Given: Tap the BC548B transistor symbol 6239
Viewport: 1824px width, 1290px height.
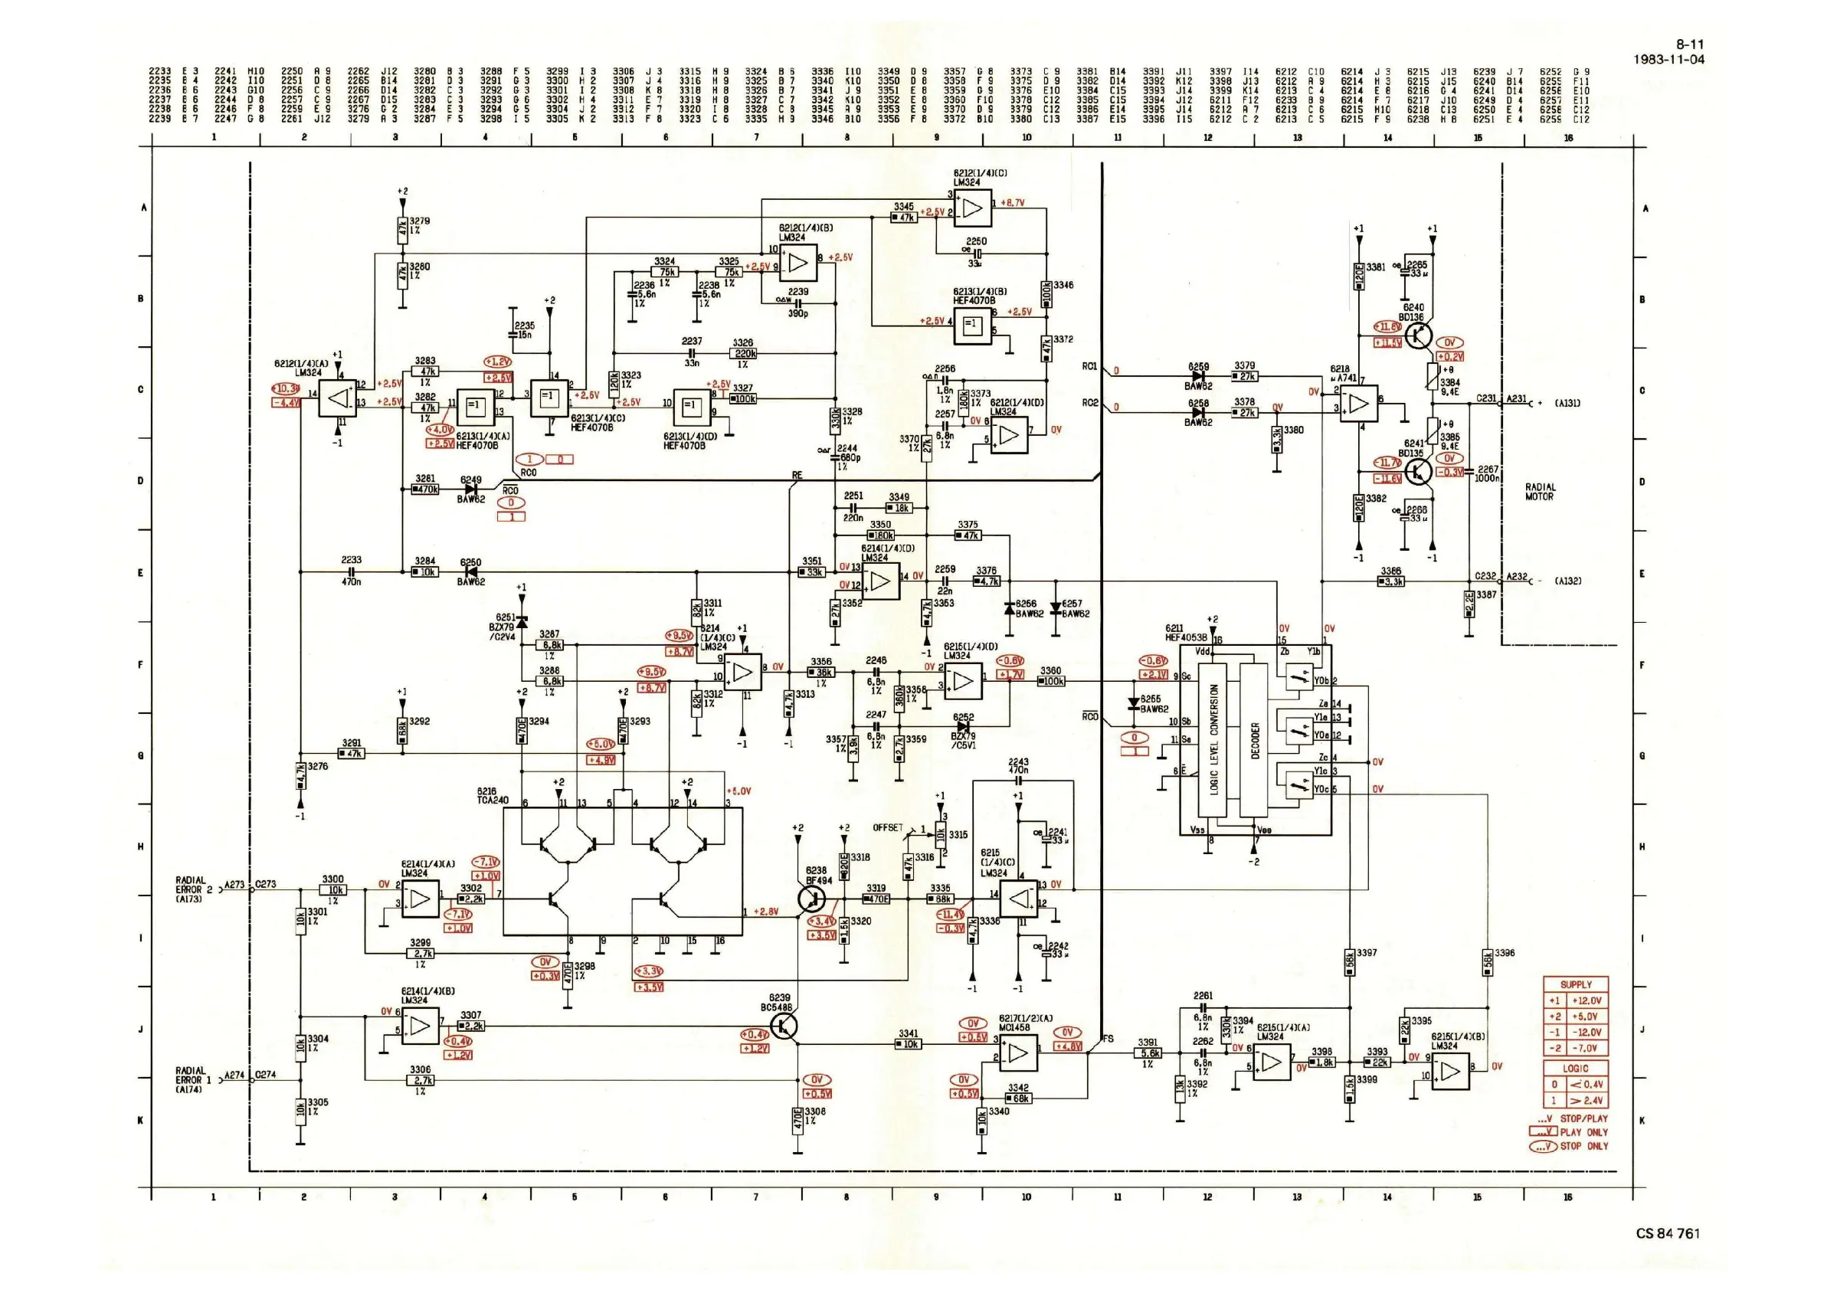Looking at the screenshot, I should point(784,1028).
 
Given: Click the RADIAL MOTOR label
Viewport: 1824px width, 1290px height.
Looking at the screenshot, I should point(1540,492).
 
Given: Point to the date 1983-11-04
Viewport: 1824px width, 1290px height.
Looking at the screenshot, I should point(1669,60).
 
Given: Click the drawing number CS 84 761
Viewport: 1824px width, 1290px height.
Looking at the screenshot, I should point(1668,1233).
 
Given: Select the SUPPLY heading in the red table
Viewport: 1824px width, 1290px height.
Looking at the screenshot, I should point(1576,984).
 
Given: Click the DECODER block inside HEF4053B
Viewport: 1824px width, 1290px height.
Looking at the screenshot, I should point(1255,740).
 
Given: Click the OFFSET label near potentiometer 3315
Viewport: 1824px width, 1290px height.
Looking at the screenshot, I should point(887,827).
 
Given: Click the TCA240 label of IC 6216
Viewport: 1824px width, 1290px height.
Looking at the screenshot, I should point(493,800).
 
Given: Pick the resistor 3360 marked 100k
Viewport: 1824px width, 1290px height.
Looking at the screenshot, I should point(1051,682).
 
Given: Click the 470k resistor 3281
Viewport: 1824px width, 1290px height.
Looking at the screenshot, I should point(426,489).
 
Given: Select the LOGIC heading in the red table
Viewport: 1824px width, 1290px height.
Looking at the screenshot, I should point(1576,1069).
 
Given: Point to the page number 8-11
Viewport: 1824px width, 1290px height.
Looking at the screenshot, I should point(1690,44).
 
